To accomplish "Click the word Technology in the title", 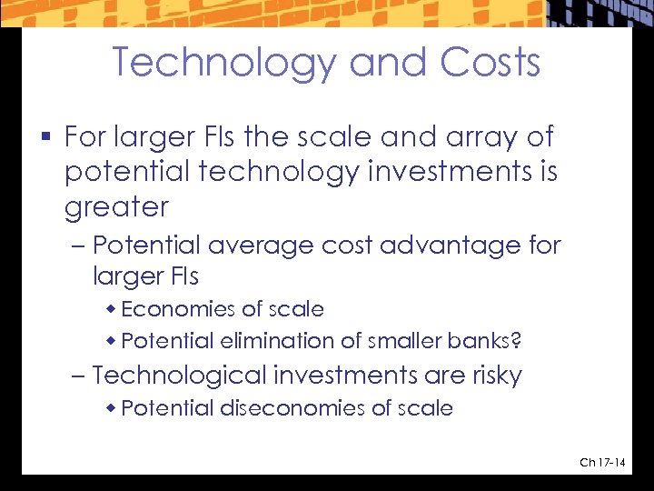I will coord(224,63).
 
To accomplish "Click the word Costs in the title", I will coord(490,63).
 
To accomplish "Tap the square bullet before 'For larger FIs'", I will coord(46,138).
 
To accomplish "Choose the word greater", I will coord(116,207).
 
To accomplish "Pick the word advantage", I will coord(463,245).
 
